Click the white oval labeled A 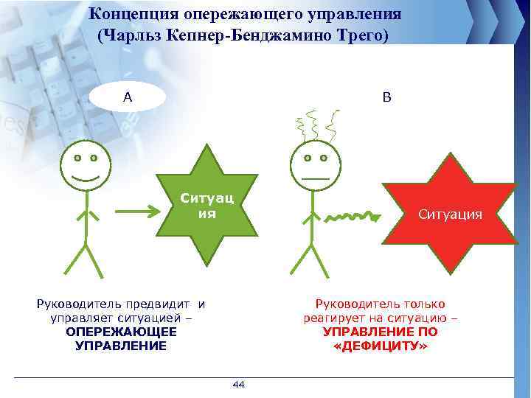127,96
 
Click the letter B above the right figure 388,96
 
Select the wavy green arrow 353,216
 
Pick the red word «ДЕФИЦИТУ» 380,346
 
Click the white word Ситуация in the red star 450,214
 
